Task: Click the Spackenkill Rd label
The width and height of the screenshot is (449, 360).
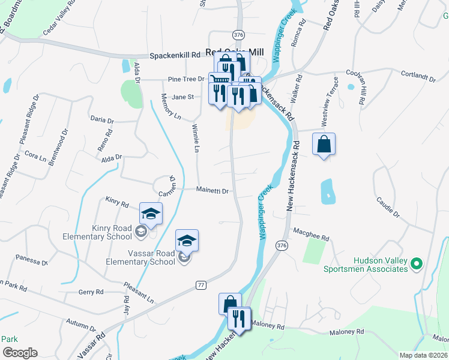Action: pos(175,55)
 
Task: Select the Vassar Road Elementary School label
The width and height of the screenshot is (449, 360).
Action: pos(140,258)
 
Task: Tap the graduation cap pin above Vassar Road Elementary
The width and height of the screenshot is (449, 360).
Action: pos(187,241)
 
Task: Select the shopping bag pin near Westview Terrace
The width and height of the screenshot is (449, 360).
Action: pos(324,145)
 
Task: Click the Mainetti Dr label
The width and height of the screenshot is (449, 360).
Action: pos(213,191)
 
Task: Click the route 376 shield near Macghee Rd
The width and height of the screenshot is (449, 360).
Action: pos(282,245)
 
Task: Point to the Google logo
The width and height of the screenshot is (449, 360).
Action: pos(20,353)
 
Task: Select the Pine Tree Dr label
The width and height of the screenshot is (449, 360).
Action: pos(186,79)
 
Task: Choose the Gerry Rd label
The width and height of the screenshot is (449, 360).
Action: pos(91,292)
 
